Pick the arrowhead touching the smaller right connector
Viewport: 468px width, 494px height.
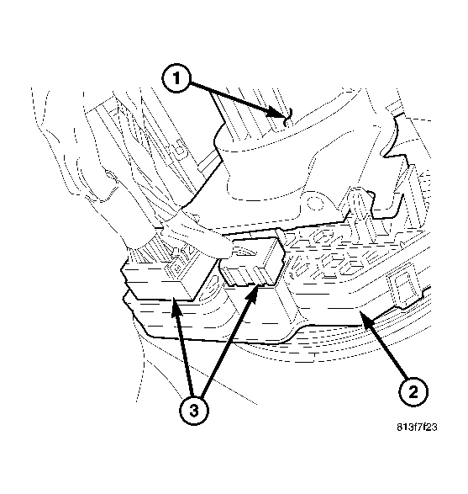coord(254,289)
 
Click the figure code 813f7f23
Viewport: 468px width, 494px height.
coord(418,428)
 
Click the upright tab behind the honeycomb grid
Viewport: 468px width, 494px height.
coord(357,202)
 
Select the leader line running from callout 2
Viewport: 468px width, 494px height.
coord(386,350)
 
